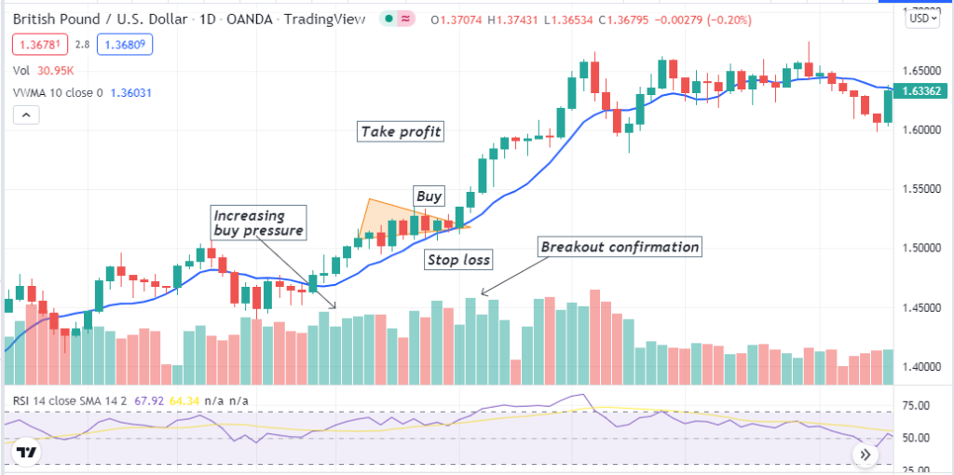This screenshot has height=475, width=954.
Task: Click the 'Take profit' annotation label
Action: pyautogui.click(x=402, y=131)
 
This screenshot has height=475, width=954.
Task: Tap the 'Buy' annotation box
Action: pyautogui.click(x=429, y=197)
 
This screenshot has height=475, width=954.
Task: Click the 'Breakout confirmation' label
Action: pyautogui.click(x=620, y=247)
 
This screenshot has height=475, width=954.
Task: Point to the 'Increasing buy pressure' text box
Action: pyautogui.click(x=250, y=224)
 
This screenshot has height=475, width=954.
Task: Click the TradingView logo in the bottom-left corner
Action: pyautogui.click(x=28, y=453)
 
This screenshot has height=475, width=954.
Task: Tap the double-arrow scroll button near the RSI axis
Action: pyautogui.click(x=866, y=455)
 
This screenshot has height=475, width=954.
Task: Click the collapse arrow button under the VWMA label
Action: pyautogui.click(x=26, y=115)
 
